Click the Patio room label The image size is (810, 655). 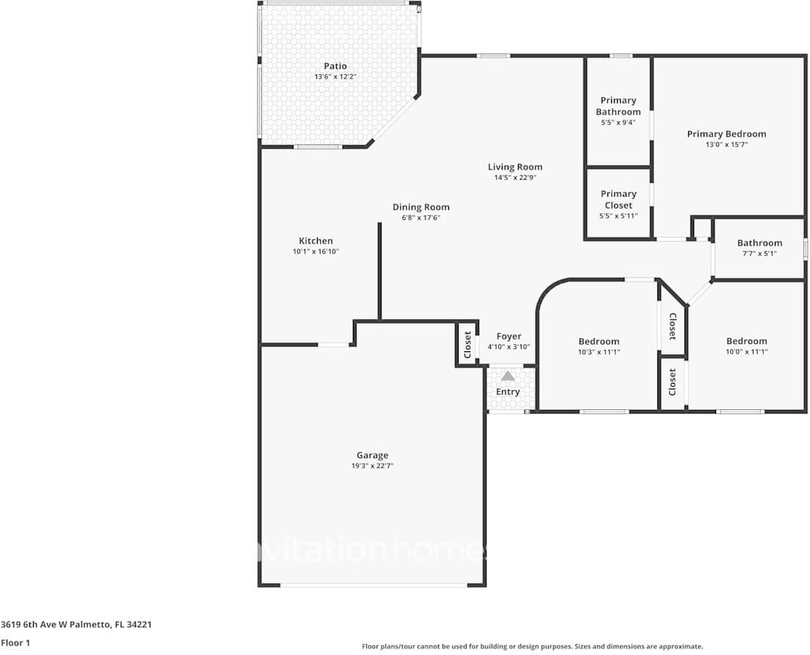pos(335,66)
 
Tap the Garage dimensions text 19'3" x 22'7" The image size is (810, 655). pos(373,466)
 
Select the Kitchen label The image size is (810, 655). pos(315,241)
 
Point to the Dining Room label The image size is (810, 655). pos(421,207)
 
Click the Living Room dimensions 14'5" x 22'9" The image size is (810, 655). pos(515,178)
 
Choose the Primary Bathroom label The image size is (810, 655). pos(618,106)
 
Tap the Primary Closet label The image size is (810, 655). pos(618,200)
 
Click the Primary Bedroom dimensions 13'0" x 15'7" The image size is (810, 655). pos(726,144)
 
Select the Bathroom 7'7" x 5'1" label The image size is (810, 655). pos(759,243)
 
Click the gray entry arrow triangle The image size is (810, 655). pos(508,376)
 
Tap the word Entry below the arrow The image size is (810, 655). pos(508,392)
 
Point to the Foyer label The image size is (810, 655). pos(508,337)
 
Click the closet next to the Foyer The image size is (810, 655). pos(467,344)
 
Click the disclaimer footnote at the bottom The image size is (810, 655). pos(532,646)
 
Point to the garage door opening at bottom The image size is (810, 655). pos(373,585)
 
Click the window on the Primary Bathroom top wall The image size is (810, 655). pos(621,56)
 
